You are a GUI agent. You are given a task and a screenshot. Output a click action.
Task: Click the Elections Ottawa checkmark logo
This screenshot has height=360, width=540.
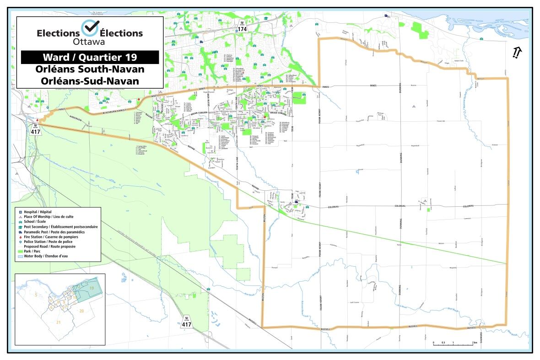click(x=90, y=28)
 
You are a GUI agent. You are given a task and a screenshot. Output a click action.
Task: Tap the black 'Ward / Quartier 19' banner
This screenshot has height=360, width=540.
click(x=90, y=57)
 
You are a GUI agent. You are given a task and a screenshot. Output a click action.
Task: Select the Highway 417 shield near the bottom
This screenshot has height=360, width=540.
click(x=187, y=322)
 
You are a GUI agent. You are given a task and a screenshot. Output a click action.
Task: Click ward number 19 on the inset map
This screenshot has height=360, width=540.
click(x=92, y=288)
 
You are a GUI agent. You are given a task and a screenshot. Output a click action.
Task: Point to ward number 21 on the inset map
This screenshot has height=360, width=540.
click(x=58, y=322)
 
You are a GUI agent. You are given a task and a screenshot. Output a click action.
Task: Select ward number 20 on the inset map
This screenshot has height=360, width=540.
click(x=81, y=311)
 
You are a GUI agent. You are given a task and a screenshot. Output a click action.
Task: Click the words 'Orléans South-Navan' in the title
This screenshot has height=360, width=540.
click(x=90, y=70)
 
